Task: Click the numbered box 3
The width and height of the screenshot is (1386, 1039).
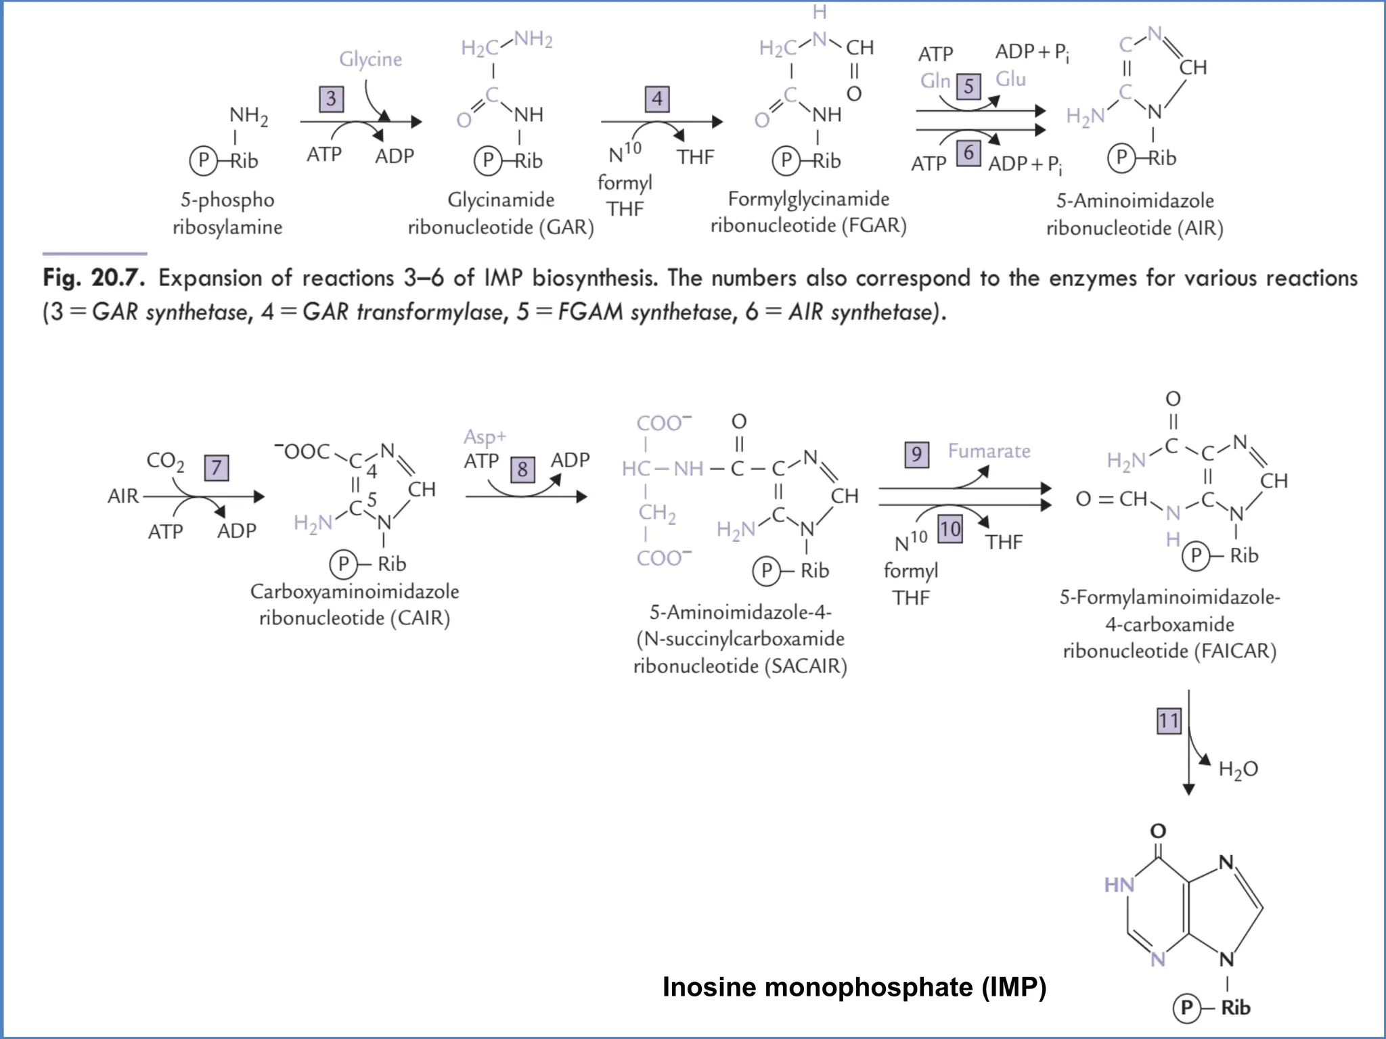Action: tap(331, 99)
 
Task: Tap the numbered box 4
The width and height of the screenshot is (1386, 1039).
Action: tap(656, 99)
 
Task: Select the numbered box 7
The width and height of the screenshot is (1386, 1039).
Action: tap(216, 467)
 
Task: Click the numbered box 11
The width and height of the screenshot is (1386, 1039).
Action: tap(1168, 720)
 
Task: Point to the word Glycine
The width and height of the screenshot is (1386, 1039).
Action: tap(370, 60)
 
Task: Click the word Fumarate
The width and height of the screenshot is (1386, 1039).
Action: tap(989, 451)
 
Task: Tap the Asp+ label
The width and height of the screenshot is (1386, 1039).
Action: tap(485, 437)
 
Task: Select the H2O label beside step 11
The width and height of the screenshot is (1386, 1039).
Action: tap(1238, 769)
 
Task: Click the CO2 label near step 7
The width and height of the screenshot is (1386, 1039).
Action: tap(165, 461)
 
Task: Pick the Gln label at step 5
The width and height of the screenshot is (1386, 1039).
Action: tap(935, 81)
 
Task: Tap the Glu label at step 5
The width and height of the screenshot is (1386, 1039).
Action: tap(1010, 79)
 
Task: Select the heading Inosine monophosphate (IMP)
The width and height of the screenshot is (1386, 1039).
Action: tap(854, 987)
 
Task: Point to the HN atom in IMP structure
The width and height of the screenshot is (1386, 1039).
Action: tap(1119, 885)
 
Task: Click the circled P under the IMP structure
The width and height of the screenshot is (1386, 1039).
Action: tap(1186, 1008)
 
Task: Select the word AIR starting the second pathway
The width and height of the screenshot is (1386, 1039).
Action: tap(122, 497)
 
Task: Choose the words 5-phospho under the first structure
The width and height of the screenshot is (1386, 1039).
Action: tap(227, 200)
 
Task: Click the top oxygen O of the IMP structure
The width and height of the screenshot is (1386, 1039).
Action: tap(1158, 831)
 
